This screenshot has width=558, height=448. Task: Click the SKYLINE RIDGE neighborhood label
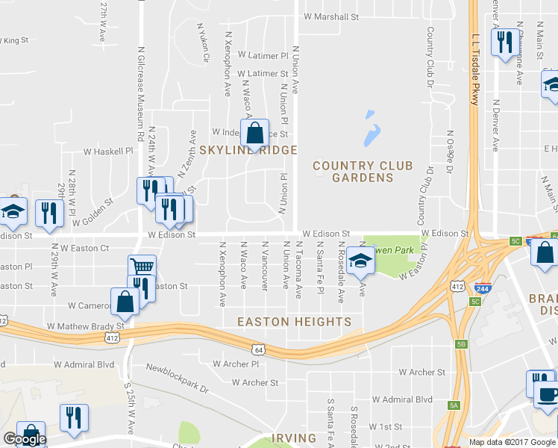pyautogui.click(x=248, y=150)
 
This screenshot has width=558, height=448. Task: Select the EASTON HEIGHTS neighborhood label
pyautogui.click(x=294, y=322)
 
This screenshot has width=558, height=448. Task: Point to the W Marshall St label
pyautogui.click(x=331, y=16)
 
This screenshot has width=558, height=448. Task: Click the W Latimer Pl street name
pyautogui.click(x=263, y=55)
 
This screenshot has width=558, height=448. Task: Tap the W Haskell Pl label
pyautogui.click(x=107, y=150)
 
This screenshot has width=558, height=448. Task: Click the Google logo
pyautogui.click(x=24, y=439)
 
